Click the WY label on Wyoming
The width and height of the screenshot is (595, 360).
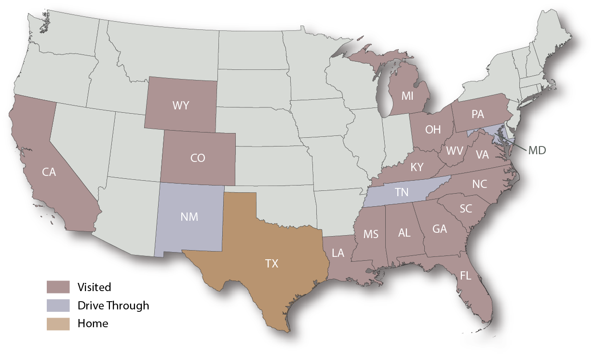pyautogui.click(x=181, y=106)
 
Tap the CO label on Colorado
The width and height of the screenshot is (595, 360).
pyautogui.click(x=198, y=158)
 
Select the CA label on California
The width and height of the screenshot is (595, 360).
pyautogui.click(x=49, y=172)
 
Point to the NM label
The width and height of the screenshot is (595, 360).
pyautogui.click(x=189, y=217)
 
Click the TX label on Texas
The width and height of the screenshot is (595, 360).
pyautogui.click(x=271, y=264)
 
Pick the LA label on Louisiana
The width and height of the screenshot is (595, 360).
pyautogui.click(x=338, y=253)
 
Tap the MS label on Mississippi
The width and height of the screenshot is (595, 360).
pyautogui.click(x=371, y=235)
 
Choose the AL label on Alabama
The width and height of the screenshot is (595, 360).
pyautogui.click(x=404, y=233)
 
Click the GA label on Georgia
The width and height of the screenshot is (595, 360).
pyautogui.click(x=439, y=229)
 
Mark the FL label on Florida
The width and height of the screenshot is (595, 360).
pyautogui.click(x=465, y=276)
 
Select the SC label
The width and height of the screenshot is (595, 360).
pyautogui.click(x=466, y=209)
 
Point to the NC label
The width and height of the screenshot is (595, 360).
pyautogui.click(x=479, y=184)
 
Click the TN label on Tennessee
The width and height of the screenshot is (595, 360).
pyautogui.click(x=402, y=193)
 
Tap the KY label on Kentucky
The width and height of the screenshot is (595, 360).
pyautogui.click(x=417, y=167)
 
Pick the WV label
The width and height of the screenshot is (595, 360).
pyautogui.click(x=455, y=151)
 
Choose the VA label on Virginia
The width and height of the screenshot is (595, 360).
pyautogui.click(x=482, y=155)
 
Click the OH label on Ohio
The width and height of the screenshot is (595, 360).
pyautogui.click(x=433, y=130)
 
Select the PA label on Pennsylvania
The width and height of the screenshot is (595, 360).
pyautogui.click(x=477, y=115)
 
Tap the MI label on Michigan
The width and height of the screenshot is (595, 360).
pyautogui.click(x=407, y=96)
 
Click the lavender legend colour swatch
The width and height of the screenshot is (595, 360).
pyautogui.click(x=62, y=308)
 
